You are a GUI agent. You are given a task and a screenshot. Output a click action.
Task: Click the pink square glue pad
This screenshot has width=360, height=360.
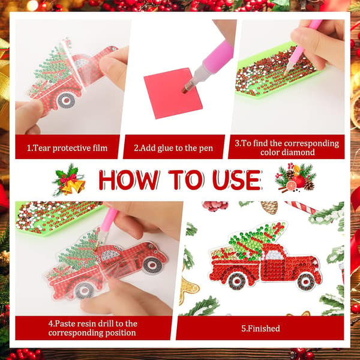[173, 94]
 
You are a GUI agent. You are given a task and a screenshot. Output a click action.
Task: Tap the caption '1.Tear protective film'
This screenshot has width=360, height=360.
[67, 148]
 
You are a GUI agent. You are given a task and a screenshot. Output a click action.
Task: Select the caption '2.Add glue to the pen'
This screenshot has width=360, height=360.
[173, 148]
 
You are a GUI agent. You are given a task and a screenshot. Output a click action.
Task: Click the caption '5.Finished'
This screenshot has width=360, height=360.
[260, 328]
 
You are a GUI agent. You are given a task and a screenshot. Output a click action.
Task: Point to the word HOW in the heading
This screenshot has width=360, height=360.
[128, 180]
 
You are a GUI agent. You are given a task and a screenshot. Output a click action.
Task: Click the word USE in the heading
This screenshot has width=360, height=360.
[237, 180]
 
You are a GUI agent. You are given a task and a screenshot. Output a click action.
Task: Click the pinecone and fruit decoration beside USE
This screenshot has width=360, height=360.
[296, 178]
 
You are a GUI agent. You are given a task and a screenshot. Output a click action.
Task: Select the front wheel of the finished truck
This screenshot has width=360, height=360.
[306, 281]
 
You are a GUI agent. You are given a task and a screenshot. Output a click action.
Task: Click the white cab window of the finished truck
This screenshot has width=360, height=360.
[274, 255]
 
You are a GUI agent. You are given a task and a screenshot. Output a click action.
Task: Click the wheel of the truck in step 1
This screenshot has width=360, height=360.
[67, 100]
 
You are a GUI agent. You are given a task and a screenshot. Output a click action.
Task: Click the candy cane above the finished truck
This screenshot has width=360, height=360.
[301, 207]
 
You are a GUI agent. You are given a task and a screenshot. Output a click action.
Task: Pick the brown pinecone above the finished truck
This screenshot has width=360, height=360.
[269, 207]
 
